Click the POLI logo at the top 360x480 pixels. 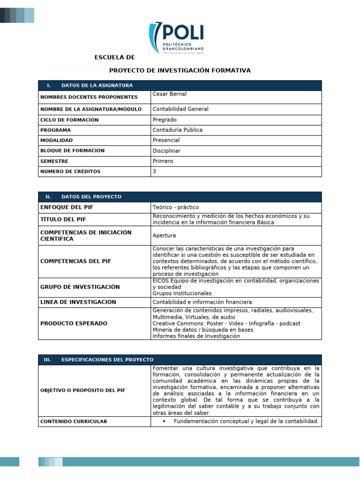[x=176, y=39]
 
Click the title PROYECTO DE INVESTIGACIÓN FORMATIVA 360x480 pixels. [x=180, y=70]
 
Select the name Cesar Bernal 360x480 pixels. [x=169, y=94]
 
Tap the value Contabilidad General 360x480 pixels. [x=180, y=109]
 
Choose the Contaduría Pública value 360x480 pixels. [x=177, y=130]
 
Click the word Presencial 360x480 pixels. [x=166, y=141]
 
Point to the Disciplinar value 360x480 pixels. [x=166, y=151]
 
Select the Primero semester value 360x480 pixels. [x=163, y=161]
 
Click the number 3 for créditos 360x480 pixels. [x=154, y=172]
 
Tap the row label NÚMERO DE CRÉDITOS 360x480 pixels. [x=70, y=172]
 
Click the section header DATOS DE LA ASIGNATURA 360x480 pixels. [x=97, y=85]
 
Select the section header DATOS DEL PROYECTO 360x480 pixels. [x=91, y=197]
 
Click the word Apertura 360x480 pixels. [x=164, y=236]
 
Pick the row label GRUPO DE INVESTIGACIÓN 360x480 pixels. [x=80, y=287]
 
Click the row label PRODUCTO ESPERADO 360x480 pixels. [x=74, y=323]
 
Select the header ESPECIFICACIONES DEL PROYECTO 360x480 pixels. [x=107, y=360]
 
